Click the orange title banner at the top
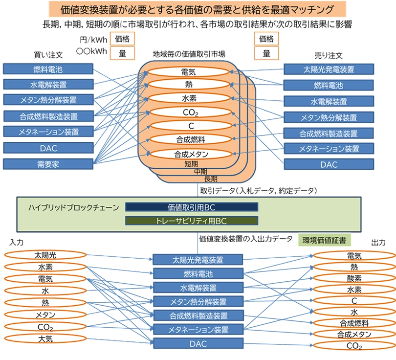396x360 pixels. [198, 8]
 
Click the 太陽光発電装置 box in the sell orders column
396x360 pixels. [328, 69]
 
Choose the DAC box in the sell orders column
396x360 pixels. [328, 165]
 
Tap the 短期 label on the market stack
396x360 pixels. [191, 164]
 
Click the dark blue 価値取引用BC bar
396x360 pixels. [191, 207]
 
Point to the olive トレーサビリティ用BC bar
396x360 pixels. [191, 221]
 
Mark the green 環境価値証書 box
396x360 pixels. [325, 240]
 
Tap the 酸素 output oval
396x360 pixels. [354, 278]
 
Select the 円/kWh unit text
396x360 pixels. [93, 40]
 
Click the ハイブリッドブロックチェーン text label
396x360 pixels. [73, 207]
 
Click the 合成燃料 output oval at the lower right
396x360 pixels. [354, 323]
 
